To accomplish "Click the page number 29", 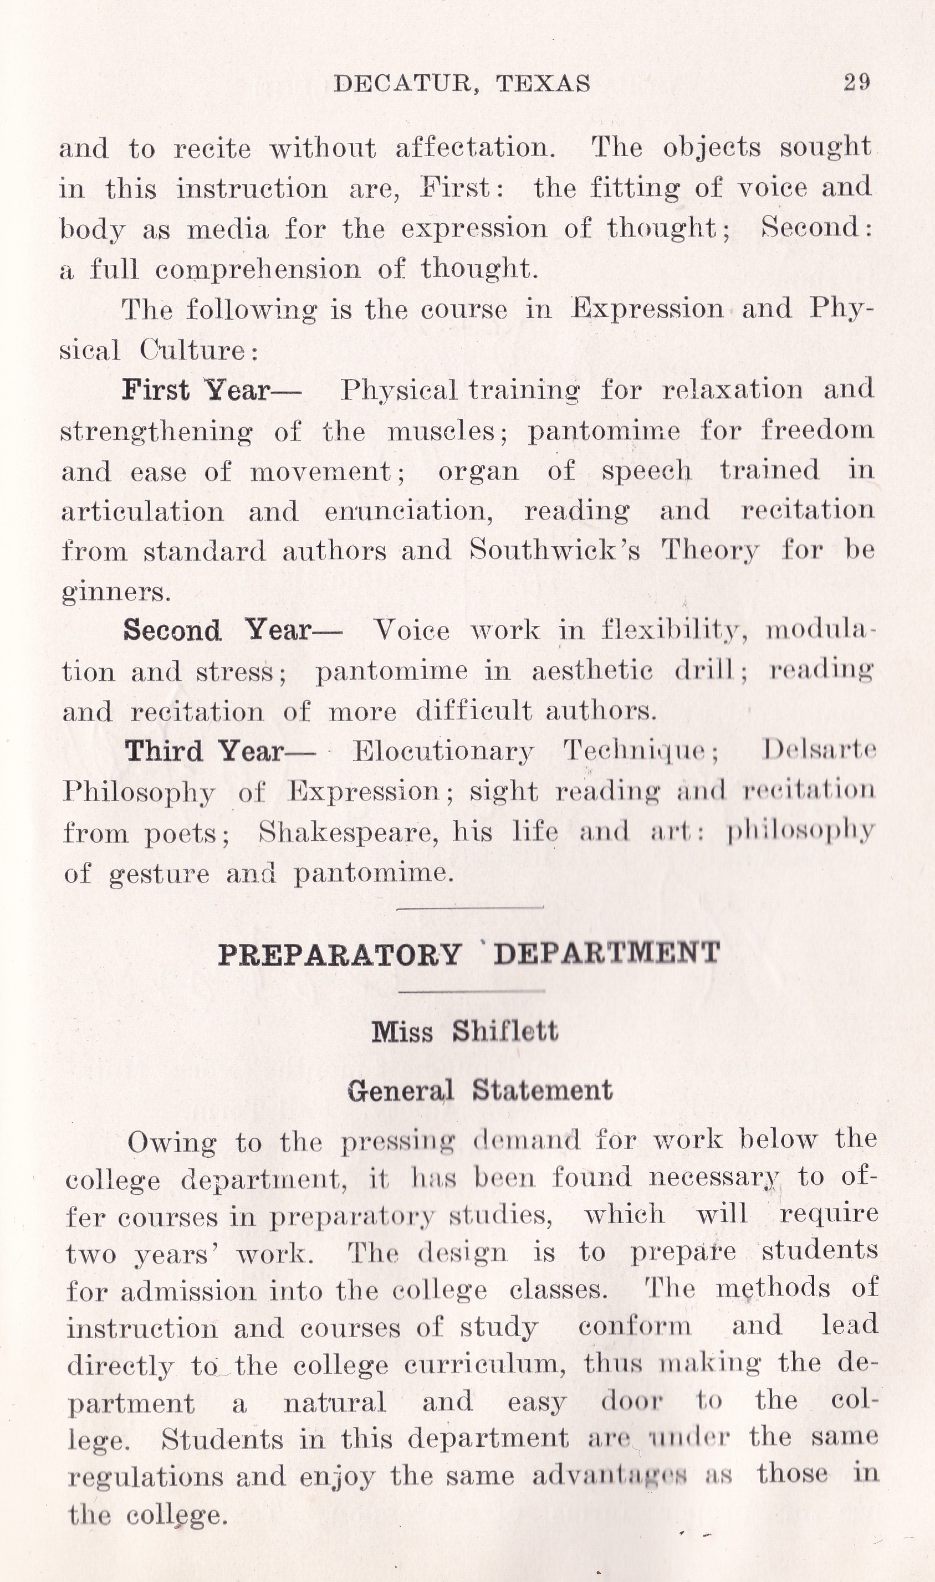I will point(857,83).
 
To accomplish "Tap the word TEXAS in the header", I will point(543,84).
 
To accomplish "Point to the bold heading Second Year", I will point(218,630).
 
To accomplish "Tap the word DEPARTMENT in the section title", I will point(607,953).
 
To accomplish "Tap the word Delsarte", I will point(819,750).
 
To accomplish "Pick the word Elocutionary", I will point(443,751).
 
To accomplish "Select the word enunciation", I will point(409,511).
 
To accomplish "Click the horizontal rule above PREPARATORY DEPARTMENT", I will point(470,907).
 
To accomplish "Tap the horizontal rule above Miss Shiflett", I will point(471,991).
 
